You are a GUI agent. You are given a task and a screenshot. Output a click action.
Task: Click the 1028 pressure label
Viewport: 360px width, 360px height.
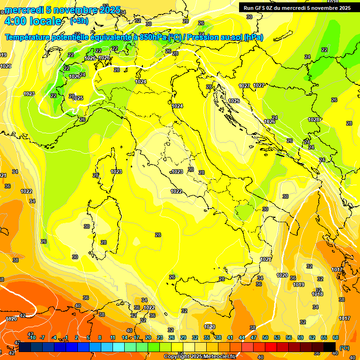314,120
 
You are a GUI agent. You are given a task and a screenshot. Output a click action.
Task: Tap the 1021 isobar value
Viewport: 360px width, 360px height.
266,259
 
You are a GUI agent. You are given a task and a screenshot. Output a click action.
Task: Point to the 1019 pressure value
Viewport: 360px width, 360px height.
299,285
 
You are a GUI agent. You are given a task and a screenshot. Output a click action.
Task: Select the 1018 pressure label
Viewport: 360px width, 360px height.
317,294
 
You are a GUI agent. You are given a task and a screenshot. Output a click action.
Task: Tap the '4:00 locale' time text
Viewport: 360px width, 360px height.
32,21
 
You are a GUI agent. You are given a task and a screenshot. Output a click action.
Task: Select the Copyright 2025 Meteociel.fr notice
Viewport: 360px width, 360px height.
200,356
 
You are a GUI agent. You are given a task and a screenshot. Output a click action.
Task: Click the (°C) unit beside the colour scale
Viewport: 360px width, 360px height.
344,348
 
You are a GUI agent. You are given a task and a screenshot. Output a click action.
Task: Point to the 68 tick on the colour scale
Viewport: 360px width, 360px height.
336,337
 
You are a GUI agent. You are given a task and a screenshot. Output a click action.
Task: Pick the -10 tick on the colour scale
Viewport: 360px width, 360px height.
32,337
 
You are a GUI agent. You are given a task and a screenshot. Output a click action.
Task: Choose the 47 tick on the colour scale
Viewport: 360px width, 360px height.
254,337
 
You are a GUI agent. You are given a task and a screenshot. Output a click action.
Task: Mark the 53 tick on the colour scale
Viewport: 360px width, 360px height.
277,337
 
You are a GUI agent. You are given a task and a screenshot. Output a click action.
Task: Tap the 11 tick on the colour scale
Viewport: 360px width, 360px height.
112,337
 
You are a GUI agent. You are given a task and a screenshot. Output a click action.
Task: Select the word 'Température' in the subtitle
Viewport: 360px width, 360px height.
29,37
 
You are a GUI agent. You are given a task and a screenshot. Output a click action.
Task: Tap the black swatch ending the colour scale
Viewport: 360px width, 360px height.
330,346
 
